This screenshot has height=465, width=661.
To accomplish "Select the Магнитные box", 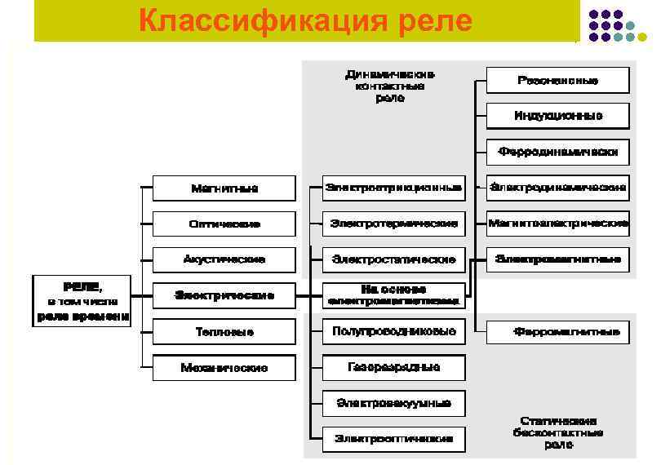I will [x=224, y=188].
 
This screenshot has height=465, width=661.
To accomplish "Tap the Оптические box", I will [x=224, y=224].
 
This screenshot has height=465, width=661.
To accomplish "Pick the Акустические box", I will [x=224, y=259].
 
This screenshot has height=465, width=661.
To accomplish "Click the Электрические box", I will [x=224, y=295].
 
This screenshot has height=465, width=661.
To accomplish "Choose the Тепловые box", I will [x=224, y=332].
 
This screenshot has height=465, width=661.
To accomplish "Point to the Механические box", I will [x=224, y=368].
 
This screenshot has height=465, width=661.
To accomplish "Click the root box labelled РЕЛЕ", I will [x=82, y=300].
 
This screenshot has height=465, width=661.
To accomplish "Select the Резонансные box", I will [x=558, y=81].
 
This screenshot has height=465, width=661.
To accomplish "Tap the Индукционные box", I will [x=558, y=116].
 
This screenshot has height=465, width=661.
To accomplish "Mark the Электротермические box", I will [x=394, y=223].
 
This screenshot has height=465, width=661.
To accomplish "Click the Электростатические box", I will [x=394, y=259].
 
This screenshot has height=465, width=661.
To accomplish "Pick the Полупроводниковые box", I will [x=394, y=331].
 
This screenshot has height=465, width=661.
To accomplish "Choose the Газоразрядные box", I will [x=394, y=367].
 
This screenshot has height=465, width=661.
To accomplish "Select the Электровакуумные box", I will [x=394, y=403].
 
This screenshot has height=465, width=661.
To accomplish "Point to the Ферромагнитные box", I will [x=558, y=332].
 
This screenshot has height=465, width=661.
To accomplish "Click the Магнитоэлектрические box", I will [x=558, y=223].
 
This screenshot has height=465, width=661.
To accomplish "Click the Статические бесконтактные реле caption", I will [x=558, y=432].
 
